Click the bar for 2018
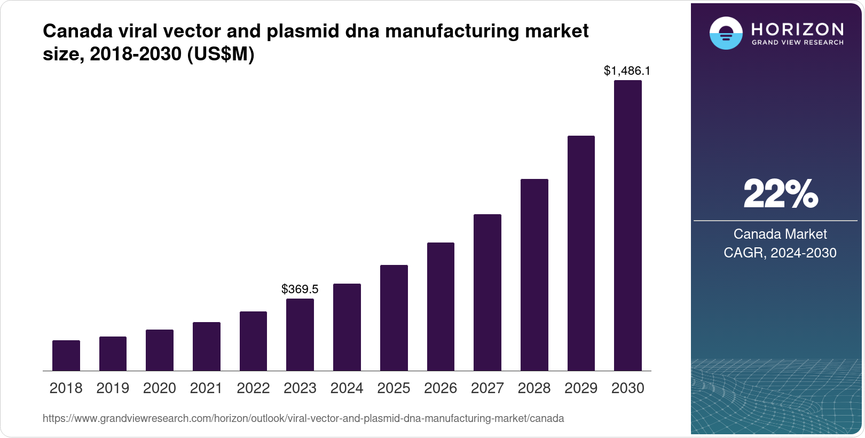click(66, 355)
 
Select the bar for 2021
click(207, 346)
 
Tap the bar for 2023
click(300, 334)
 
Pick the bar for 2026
click(441, 307)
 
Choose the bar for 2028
click(534, 275)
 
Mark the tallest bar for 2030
click(628, 225)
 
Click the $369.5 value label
click(300, 289)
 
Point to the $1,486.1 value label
click(627, 71)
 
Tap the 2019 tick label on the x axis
click(113, 388)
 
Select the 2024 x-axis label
click(347, 388)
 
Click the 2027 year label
click(487, 388)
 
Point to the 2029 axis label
click(581, 388)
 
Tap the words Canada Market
click(780, 234)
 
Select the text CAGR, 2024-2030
click(780, 253)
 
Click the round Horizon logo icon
click(726, 34)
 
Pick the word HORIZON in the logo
click(798, 29)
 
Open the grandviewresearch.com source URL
click(303, 418)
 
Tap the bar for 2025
click(394, 318)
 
